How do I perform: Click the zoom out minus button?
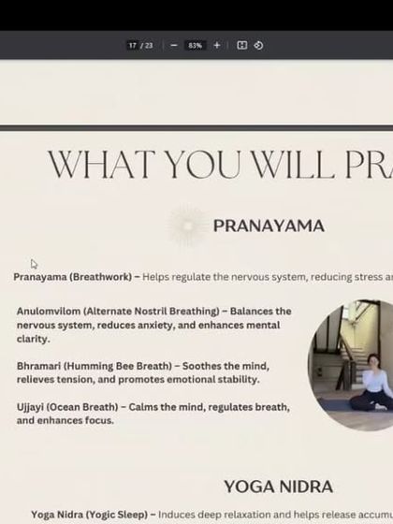tap(174, 45)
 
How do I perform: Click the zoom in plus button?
tap(217, 45)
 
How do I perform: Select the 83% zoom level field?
tap(195, 45)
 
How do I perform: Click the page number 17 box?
tap(135, 45)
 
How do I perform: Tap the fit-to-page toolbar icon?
tap(241, 45)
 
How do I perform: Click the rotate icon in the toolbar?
tap(258, 45)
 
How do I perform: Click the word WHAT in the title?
tap(103, 165)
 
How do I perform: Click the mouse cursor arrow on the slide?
tap(35, 265)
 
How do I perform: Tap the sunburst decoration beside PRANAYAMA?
tap(185, 225)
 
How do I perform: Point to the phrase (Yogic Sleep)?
tap(106, 515)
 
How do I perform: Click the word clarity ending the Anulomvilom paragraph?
tap(34, 339)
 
